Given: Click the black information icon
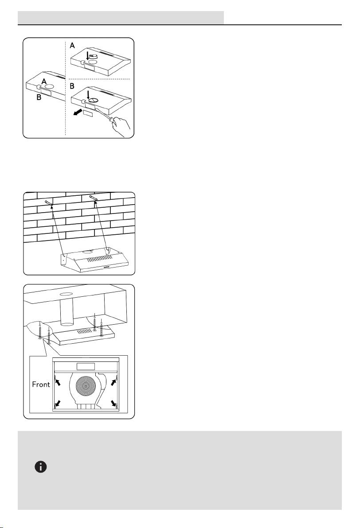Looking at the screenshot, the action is coord(40,467).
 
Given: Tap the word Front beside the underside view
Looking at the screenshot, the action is coord(41,384).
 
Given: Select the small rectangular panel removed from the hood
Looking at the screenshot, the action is coord(89,113).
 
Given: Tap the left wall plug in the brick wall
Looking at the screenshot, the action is coord(49,202).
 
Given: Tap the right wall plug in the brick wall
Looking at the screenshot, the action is coord(94,198).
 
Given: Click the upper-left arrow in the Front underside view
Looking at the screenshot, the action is coord(59,382).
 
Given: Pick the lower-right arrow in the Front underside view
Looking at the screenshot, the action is coord(113,403).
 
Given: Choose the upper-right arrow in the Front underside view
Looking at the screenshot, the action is coord(113,381).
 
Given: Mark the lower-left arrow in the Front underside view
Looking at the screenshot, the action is coord(59,402).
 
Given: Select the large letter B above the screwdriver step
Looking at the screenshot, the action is coord(72,86).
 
